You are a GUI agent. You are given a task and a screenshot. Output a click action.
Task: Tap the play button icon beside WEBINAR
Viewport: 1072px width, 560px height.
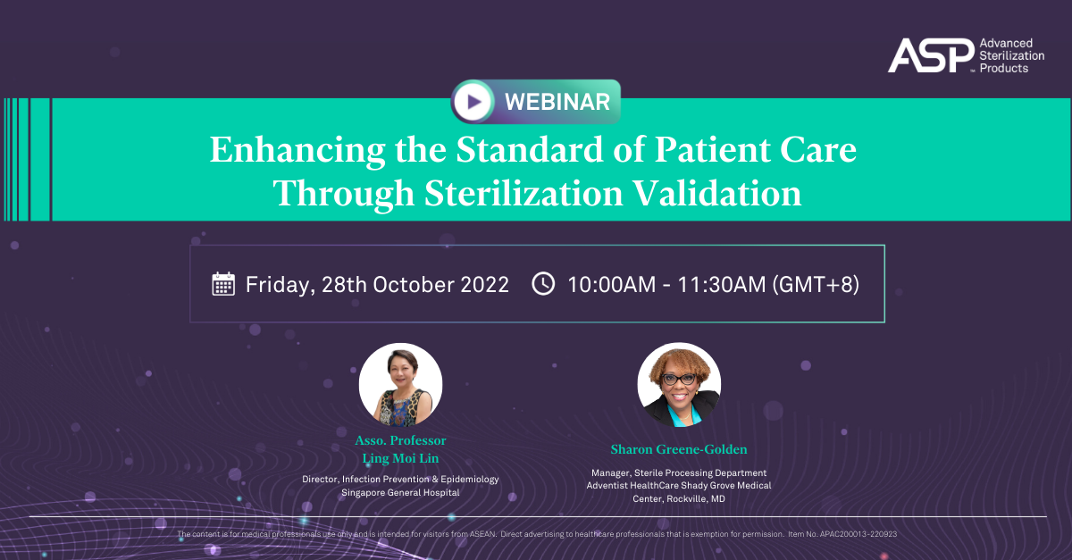pyautogui.click(x=473, y=102)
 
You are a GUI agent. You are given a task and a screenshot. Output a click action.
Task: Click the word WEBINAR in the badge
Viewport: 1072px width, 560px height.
pyautogui.click(x=557, y=102)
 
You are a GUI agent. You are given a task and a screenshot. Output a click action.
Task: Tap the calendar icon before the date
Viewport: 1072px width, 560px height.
pyautogui.click(x=223, y=284)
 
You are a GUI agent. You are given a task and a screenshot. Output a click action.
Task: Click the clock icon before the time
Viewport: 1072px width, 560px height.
pyautogui.click(x=543, y=284)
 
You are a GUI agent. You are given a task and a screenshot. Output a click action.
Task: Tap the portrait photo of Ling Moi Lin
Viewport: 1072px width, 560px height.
pyautogui.click(x=400, y=385)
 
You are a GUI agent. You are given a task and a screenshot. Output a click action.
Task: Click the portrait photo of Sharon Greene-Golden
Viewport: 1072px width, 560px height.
pyautogui.click(x=679, y=385)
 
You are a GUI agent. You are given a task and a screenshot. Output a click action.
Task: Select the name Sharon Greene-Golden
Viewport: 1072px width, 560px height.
pyautogui.click(x=679, y=449)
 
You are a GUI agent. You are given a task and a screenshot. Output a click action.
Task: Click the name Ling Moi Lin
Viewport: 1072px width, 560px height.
pyautogui.click(x=400, y=458)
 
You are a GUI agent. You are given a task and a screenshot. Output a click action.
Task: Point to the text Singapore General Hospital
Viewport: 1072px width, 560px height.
pyautogui.click(x=400, y=493)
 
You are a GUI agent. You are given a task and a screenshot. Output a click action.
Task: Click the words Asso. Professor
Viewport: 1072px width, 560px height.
pyautogui.click(x=400, y=440)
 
